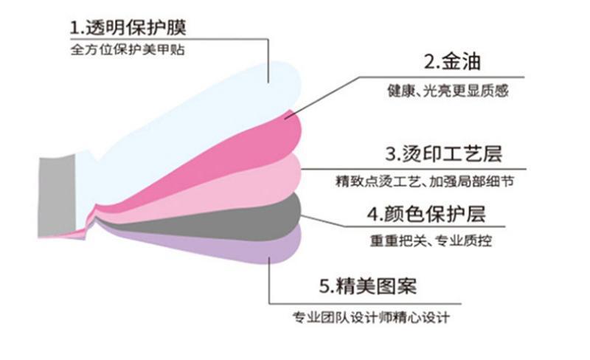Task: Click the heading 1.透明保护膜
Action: [x=128, y=28]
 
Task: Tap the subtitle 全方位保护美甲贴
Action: [x=128, y=49]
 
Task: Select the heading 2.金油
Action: [x=452, y=61]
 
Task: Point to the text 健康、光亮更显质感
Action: [x=448, y=91]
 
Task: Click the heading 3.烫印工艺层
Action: [x=444, y=153]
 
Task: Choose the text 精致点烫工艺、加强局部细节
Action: [x=425, y=181]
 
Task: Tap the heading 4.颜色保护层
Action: [x=426, y=214]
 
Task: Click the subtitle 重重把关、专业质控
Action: [x=431, y=240]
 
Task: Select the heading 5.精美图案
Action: [x=368, y=286]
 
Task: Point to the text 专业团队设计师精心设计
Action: [x=371, y=317]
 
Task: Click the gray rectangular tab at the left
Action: [x=57, y=197]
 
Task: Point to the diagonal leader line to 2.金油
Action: [x=322, y=98]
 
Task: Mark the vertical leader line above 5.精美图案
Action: [x=269, y=280]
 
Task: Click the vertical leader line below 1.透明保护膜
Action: [x=268, y=60]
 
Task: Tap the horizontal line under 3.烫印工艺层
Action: [x=414, y=169]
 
